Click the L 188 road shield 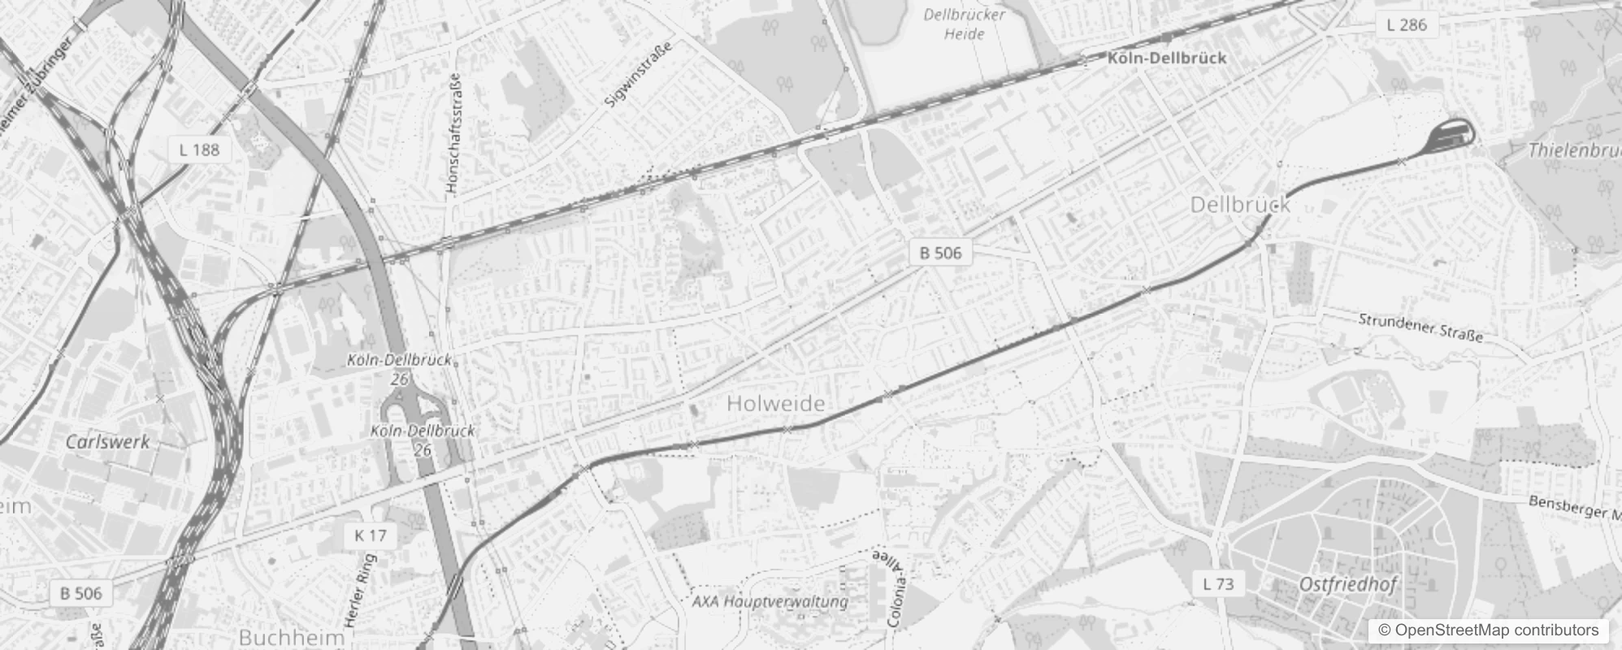tap(199, 149)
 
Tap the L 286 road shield tap(1406, 25)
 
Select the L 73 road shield tap(1217, 583)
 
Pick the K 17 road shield tap(371, 535)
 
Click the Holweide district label tap(775, 403)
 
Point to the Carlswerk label tap(107, 442)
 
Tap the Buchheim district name tap(292, 637)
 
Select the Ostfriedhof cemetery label tap(1348, 584)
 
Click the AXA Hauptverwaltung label tap(770, 602)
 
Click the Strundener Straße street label tap(1420, 327)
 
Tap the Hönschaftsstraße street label tap(455, 134)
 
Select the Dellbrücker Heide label tap(965, 24)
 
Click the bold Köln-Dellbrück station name tap(1166, 58)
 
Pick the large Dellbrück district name tap(1239, 205)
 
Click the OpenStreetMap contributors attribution tap(1488, 630)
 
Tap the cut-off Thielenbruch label tap(1573, 150)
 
